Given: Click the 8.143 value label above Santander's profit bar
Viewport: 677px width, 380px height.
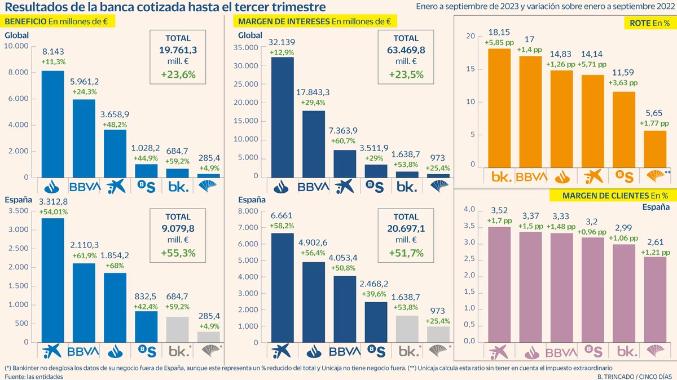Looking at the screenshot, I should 52,51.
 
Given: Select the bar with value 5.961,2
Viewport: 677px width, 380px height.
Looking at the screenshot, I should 83,138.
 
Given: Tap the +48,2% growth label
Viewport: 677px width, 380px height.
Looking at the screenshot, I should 114,125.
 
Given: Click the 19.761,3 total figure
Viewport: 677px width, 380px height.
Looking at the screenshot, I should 178,50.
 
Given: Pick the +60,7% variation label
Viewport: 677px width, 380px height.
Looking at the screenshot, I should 344,141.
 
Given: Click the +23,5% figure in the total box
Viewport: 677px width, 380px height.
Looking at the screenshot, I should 406,74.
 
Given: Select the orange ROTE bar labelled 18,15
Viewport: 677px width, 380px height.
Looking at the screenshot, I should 499,108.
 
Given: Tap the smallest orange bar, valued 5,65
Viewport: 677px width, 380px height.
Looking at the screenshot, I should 654,149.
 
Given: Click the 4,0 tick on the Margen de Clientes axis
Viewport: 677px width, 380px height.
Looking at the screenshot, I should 469,210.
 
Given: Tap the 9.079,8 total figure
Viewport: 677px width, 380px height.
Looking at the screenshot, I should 178,228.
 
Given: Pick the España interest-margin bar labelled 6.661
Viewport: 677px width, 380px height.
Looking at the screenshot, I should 282,288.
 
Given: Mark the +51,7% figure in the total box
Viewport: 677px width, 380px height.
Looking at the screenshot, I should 406,253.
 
